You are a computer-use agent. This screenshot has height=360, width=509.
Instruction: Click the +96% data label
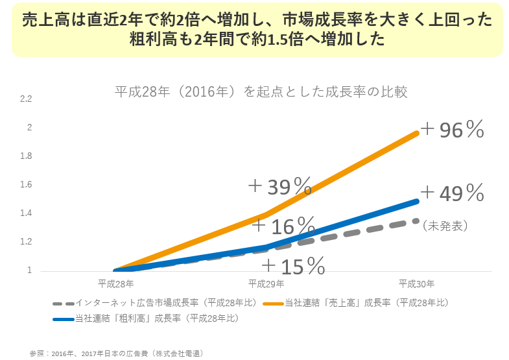coord(452,130)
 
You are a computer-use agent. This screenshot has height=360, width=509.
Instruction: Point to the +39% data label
coord(280,187)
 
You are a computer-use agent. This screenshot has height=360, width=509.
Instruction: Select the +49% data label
coord(452,193)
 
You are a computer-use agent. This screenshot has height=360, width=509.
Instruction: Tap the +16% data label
coord(283,226)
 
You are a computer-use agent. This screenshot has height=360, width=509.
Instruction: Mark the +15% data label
coord(293,265)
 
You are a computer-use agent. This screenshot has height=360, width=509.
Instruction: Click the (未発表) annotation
coord(445,226)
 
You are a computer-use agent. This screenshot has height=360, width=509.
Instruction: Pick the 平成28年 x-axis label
coord(116,283)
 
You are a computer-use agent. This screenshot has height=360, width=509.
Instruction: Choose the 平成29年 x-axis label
coord(266,283)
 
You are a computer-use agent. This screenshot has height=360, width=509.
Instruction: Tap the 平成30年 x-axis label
coord(416,283)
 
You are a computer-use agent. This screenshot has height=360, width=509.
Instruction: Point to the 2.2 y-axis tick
coord(26,99)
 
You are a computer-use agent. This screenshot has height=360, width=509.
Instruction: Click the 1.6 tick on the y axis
coord(26,184)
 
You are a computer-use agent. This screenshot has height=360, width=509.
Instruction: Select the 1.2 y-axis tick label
coord(26,242)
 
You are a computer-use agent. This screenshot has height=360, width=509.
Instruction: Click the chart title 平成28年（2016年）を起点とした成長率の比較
coord(261,91)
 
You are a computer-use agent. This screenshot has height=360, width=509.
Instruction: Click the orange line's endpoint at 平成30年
coord(417,132)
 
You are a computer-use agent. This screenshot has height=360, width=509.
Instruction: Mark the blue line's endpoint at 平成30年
coord(417,201)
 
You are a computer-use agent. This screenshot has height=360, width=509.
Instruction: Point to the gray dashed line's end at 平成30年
coord(417,221)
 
